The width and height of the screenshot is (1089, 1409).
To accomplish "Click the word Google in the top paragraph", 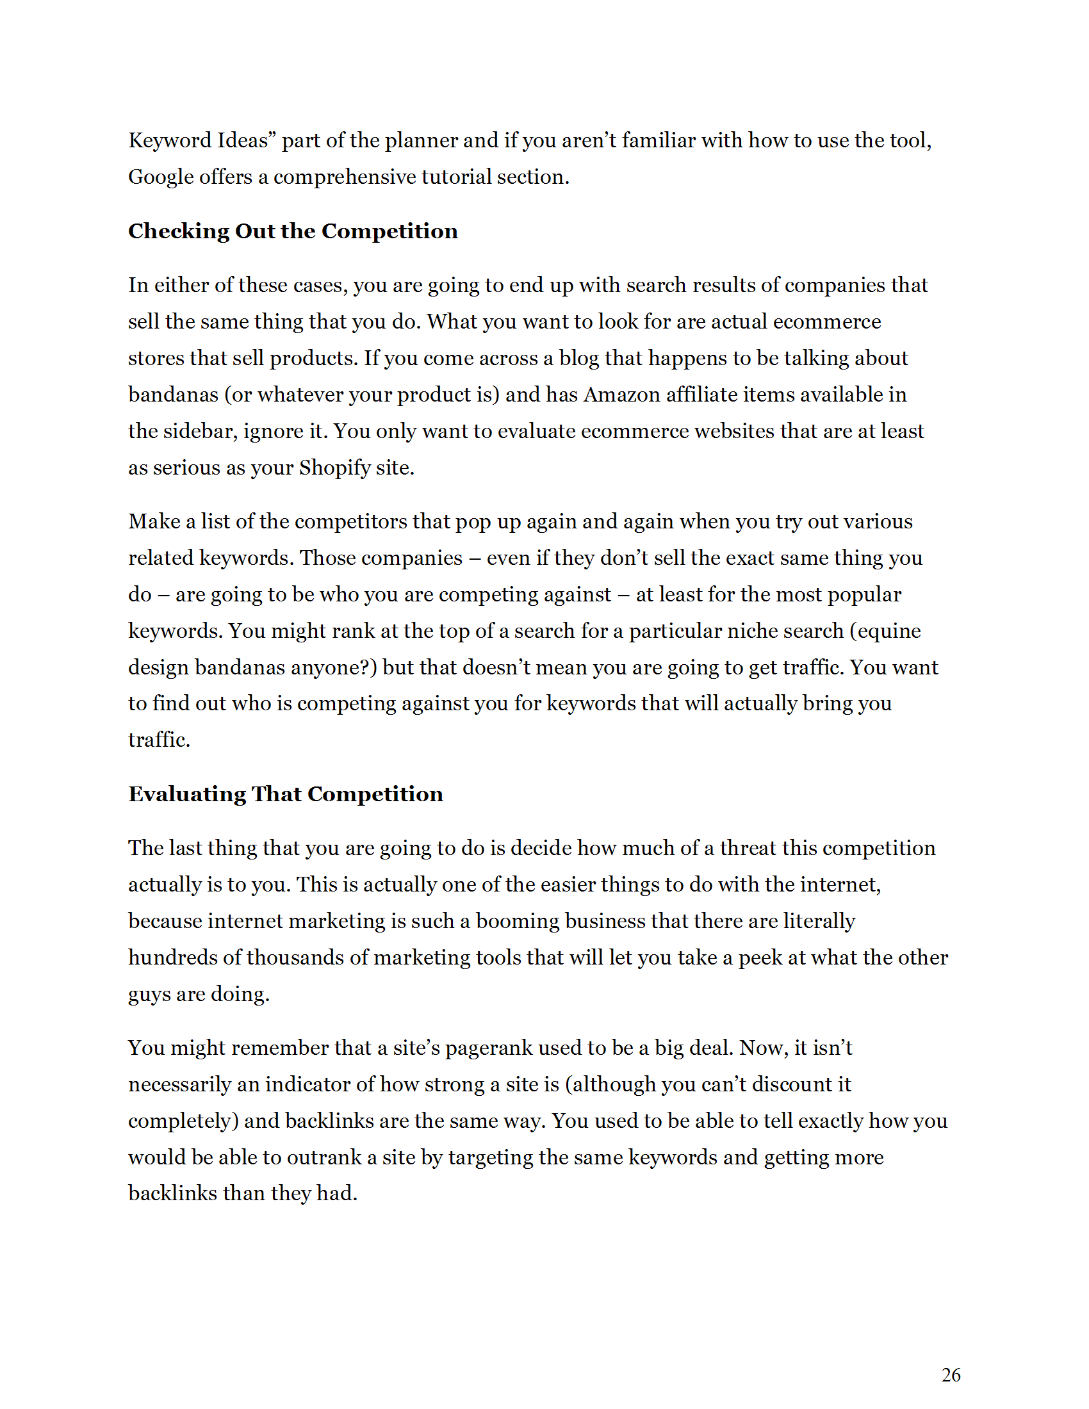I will pyautogui.click(x=157, y=177).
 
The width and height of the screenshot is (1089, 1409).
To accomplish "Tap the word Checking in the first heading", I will pyautogui.click(x=179, y=232).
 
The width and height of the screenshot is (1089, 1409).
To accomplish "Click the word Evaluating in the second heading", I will pyautogui.click(x=187, y=794).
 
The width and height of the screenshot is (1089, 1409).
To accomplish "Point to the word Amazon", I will pyautogui.click(x=621, y=394).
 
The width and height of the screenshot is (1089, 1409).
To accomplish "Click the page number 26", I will pyautogui.click(x=950, y=1375).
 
